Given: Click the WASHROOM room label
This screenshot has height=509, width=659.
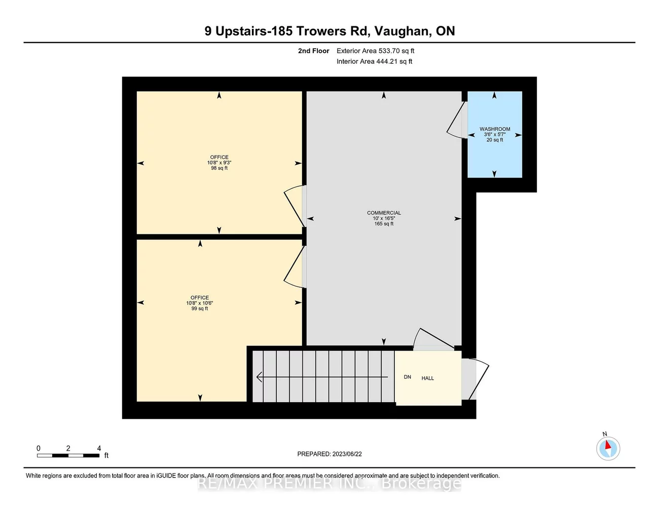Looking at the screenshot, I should (495, 129).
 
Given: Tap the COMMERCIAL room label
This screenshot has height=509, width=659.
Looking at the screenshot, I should (384, 213).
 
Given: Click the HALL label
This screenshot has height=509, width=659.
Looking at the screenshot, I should (428, 378).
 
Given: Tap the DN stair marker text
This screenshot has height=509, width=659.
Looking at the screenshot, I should (408, 377).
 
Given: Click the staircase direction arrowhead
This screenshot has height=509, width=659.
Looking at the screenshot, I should (260, 377).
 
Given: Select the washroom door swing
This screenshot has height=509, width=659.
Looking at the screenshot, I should (456, 122).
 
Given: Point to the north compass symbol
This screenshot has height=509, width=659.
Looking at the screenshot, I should (608, 448).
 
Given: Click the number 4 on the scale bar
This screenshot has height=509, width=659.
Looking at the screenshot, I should (99, 448).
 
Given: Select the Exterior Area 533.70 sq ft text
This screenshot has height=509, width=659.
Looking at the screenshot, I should (375, 51).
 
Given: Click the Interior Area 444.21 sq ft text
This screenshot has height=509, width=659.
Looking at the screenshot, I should (374, 61).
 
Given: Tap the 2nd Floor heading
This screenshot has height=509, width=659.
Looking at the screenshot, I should (313, 51).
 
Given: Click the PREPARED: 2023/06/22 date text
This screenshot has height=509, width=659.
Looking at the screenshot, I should (329, 454).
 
